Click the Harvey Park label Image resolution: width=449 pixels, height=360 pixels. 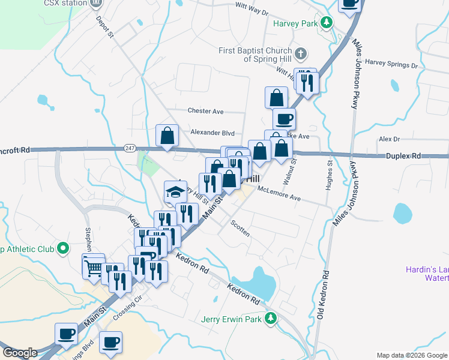coord(295,24)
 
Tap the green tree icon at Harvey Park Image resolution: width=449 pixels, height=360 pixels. coord(326,23)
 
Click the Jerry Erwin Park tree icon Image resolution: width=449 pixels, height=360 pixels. coord(271,319)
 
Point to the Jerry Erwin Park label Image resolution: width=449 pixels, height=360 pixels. coord(232,320)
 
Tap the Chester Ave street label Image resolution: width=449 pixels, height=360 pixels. coord(205,111)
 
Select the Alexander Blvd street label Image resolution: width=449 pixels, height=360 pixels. coord(212,132)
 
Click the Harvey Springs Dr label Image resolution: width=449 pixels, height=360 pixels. coord(391,62)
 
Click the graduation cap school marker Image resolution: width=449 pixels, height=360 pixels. coord(175,192)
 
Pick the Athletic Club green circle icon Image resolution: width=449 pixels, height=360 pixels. coord(62,248)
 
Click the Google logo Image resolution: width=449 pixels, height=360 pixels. coord(20,353)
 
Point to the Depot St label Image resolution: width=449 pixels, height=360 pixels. coord(104,26)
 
